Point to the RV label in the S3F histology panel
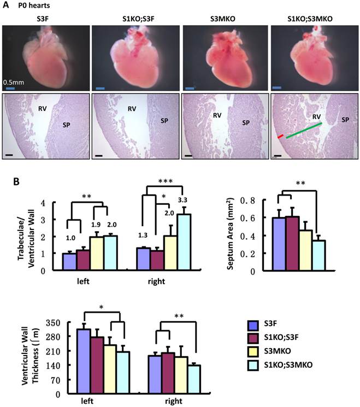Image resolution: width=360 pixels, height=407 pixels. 38,109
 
